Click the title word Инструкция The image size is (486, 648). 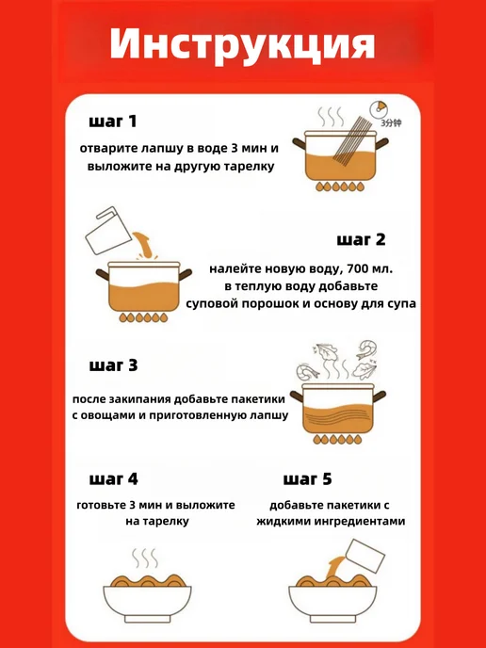(242, 44)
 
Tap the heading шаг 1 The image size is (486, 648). (112, 121)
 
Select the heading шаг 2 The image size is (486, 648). (361, 240)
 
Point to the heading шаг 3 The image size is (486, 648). (113, 365)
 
